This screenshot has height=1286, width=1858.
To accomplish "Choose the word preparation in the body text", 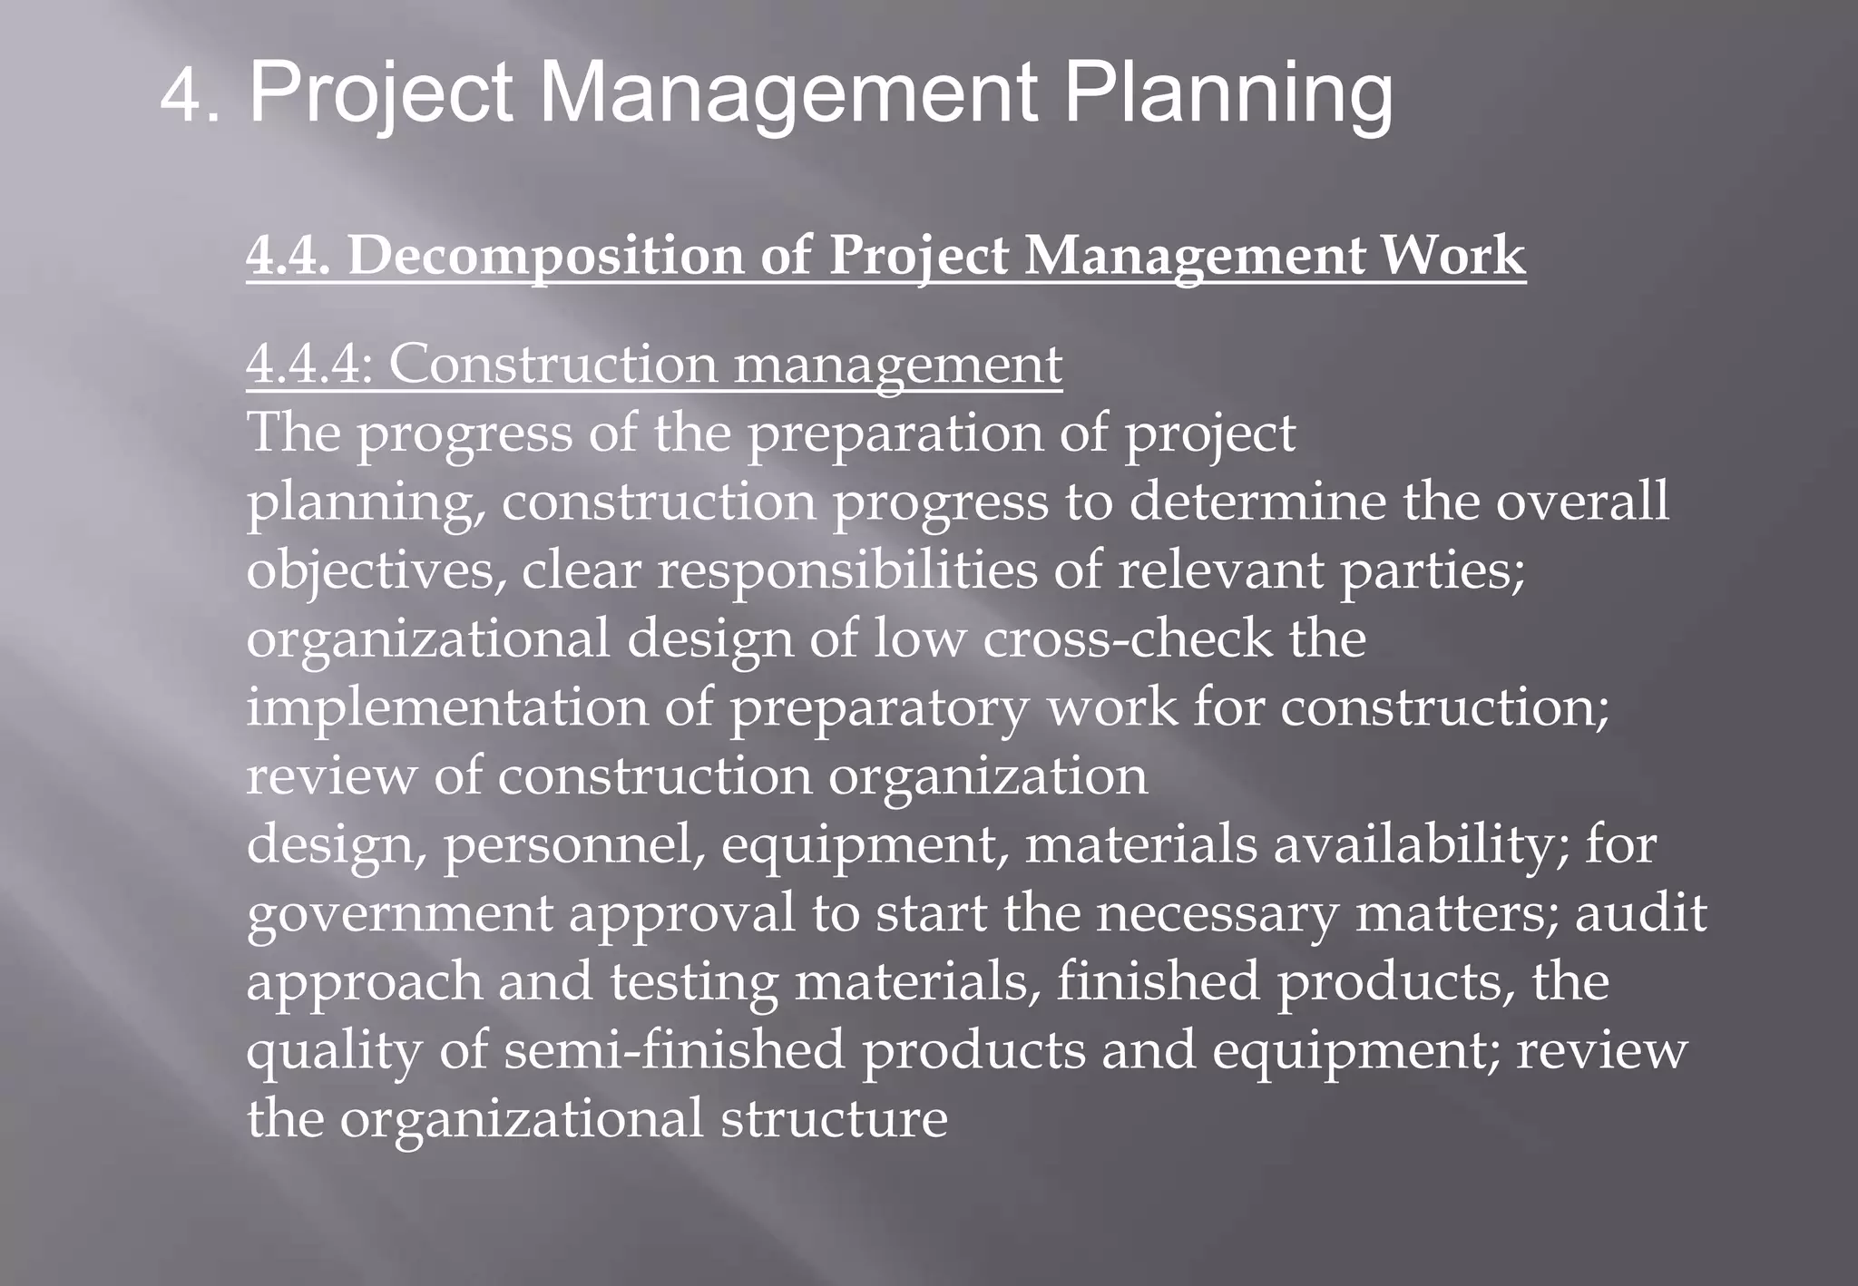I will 894,434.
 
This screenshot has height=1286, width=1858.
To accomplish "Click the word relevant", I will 1220,570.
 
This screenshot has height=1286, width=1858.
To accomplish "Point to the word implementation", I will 447,707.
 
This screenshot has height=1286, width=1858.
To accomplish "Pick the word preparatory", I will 880,707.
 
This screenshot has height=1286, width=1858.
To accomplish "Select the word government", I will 399,913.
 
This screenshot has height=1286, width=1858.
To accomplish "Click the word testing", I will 693,982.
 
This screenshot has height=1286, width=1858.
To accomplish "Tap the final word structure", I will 834,1118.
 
